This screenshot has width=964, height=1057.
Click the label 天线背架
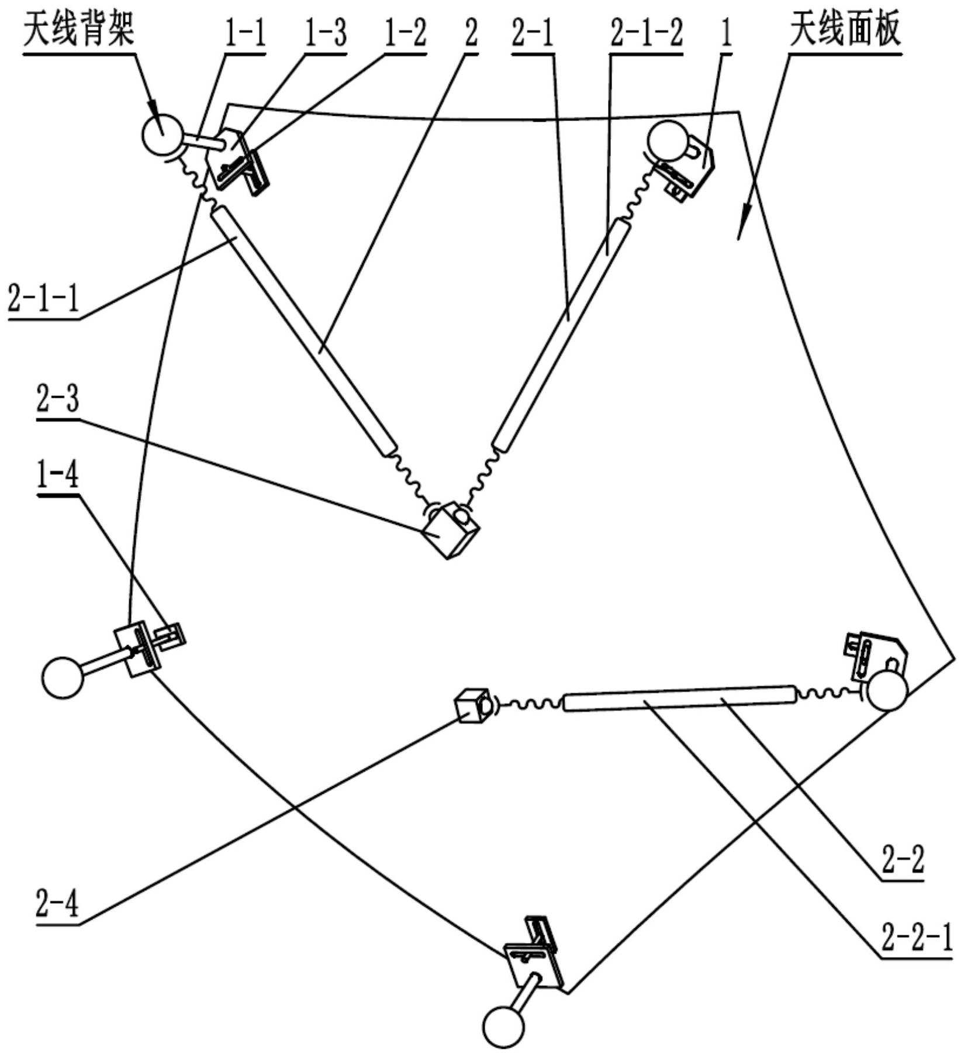78,29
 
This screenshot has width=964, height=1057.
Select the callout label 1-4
57,477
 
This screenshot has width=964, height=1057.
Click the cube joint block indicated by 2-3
450,529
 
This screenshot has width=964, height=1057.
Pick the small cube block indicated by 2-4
473,705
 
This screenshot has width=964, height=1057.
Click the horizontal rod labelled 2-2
678,698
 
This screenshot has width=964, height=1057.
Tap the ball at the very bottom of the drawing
503,1026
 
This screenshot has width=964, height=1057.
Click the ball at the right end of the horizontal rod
887,691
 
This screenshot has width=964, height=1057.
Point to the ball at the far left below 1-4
63,677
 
